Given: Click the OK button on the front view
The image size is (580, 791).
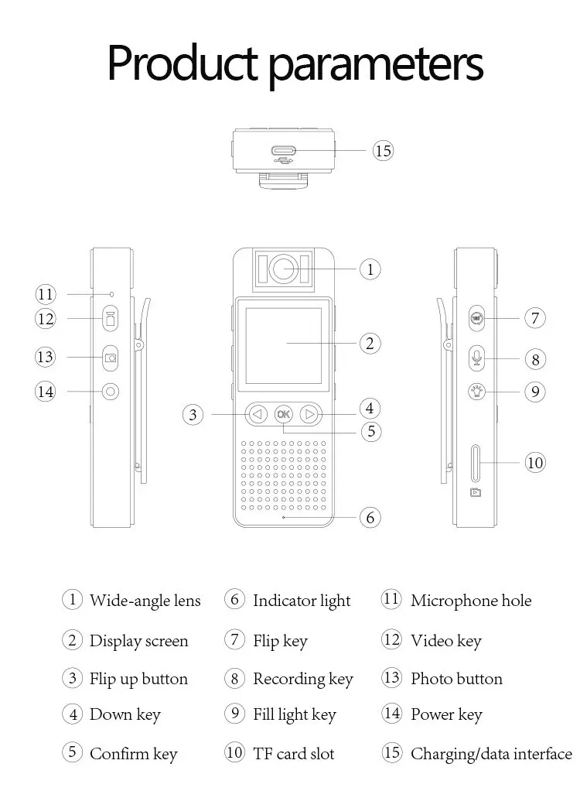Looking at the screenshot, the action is (x=283, y=414).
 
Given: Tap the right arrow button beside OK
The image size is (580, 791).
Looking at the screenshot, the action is (x=309, y=414).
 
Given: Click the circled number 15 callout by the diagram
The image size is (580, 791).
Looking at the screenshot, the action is (x=383, y=150).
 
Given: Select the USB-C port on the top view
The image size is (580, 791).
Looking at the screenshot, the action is (x=285, y=150).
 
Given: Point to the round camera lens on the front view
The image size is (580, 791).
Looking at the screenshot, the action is (x=284, y=268).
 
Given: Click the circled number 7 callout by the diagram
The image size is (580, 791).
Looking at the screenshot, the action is (x=535, y=318).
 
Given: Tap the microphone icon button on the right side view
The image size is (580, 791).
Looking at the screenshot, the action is (x=476, y=358).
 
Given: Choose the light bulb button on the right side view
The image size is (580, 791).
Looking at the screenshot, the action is (x=476, y=392).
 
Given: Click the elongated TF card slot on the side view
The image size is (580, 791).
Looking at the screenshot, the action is (x=475, y=463).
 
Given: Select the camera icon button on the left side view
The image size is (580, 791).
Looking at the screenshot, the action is (x=111, y=358).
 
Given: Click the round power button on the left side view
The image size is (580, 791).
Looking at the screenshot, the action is (x=111, y=392).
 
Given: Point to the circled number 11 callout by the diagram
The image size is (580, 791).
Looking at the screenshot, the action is (x=46, y=294).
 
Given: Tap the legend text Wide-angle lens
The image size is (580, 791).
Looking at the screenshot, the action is (x=145, y=601).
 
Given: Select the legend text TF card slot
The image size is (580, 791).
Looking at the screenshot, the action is (x=294, y=754).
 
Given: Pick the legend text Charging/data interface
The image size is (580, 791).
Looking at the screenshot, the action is (x=491, y=754).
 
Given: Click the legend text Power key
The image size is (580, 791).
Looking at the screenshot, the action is (x=446, y=714).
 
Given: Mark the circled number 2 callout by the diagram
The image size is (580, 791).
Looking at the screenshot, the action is (x=370, y=344).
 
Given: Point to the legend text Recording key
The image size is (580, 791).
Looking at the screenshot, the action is (x=303, y=679).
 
